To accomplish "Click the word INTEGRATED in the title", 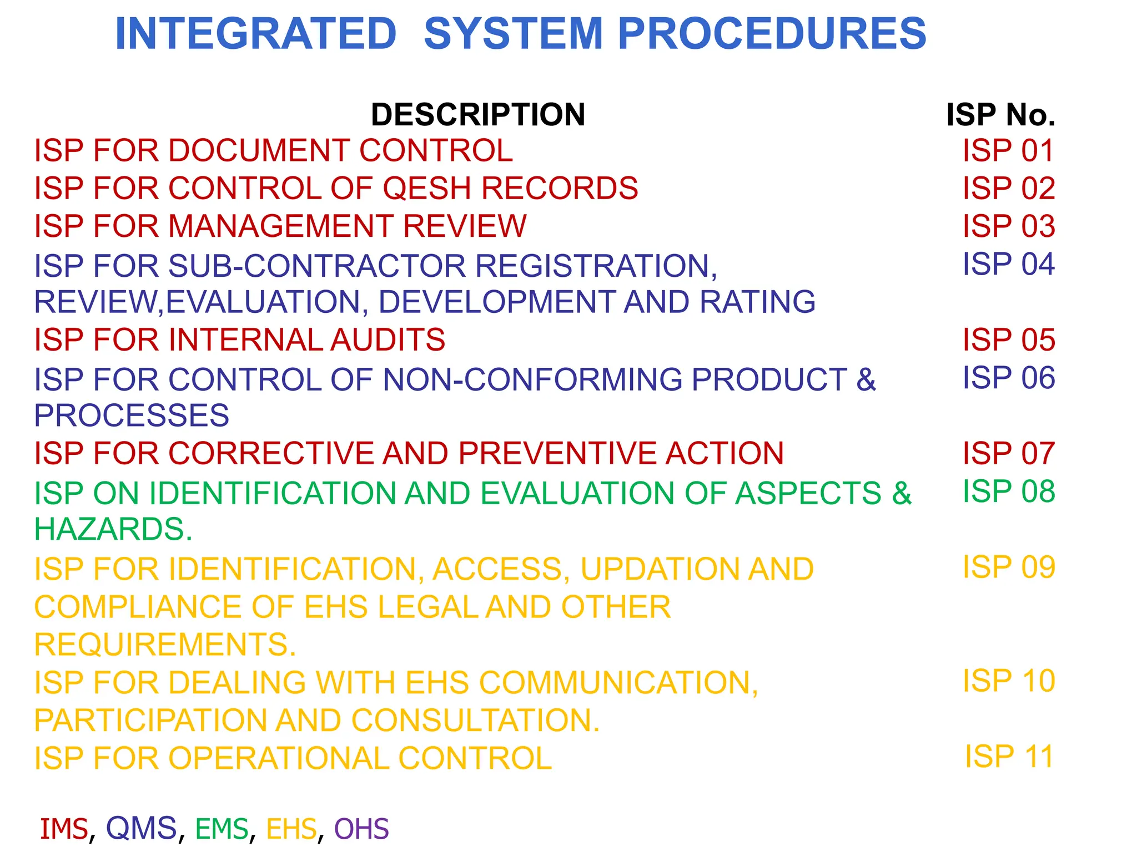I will coord(255,34).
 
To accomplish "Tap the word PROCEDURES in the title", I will coord(772,34).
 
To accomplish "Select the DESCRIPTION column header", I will coord(478,115).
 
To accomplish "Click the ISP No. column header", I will coord(1000,115).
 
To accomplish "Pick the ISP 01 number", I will coord(1008,151).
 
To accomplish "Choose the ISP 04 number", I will coord(1008,264).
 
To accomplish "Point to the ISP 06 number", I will coord(1008,378).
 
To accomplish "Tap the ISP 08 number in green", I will coord(1008,491).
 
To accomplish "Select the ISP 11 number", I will coord(1009,757).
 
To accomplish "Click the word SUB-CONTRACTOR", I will coord(317,266).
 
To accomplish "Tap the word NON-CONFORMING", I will coord(532,380).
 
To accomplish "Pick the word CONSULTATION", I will coord(475,721).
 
